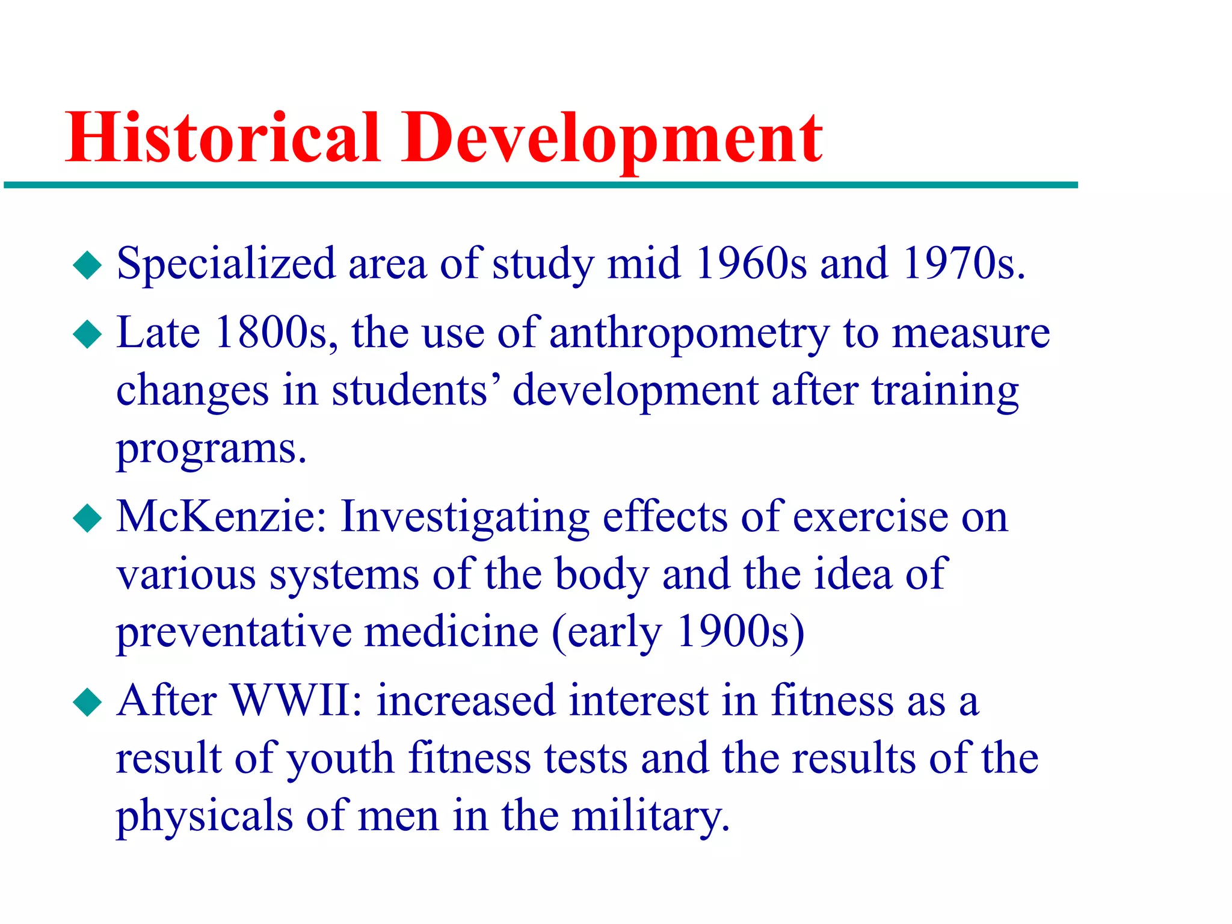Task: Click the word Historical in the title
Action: (x=223, y=138)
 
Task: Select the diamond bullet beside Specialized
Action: (x=88, y=265)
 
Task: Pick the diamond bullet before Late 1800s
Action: (x=88, y=334)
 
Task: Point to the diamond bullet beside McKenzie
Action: (x=88, y=519)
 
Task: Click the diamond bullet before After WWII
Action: (x=88, y=702)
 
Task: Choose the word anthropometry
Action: (x=689, y=334)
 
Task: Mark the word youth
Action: (x=340, y=759)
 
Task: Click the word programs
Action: (x=211, y=450)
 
